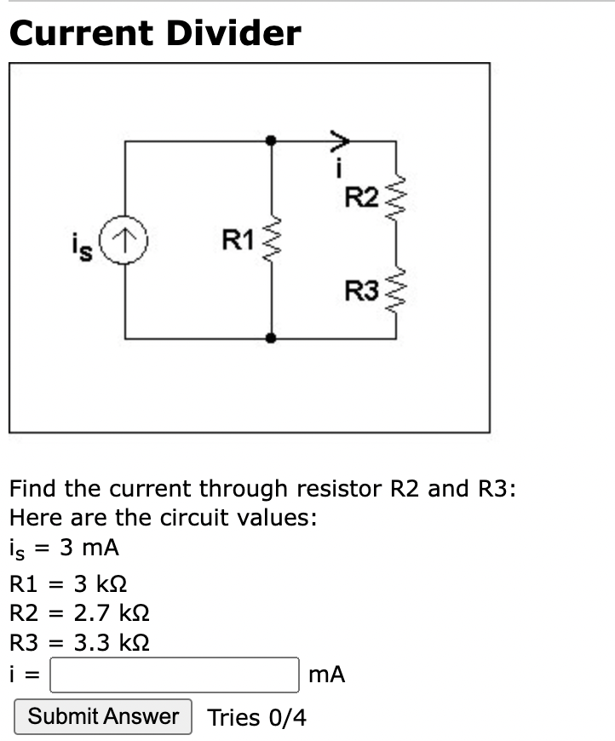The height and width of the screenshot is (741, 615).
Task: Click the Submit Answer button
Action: click(x=103, y=716)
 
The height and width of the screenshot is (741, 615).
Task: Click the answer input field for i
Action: click(x=175, y=675)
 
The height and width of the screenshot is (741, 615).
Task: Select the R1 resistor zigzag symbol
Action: click(x=271, y=241)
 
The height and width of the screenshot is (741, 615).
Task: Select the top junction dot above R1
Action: click(x=271, y=141)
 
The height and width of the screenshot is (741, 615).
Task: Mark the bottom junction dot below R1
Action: click(x=271, y=338)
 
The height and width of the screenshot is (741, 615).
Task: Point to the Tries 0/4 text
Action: click(x=256, y=717)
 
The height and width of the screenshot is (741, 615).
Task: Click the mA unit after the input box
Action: click(x=326, y=675)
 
